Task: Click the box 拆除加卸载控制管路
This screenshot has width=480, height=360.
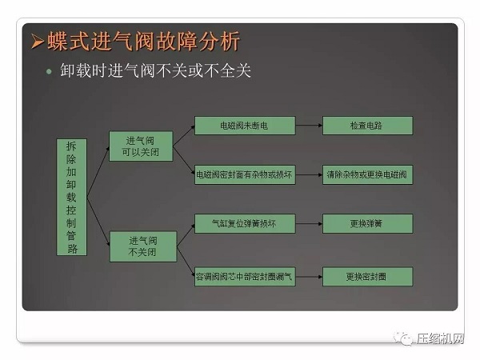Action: coord(72,197)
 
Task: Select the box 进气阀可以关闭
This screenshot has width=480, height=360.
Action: coord(142,146)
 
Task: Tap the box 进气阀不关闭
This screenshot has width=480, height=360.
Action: coord(142,246)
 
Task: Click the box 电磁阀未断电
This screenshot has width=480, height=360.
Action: coord(245,126)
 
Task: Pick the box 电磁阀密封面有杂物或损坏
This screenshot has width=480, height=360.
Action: coord(245,175)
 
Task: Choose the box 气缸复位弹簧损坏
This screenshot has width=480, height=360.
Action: coord(245,223)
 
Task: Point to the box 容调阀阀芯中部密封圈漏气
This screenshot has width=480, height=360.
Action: coord(245,277)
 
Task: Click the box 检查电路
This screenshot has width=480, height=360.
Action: coord(367,126)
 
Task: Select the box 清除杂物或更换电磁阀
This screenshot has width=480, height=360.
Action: coord(367,175)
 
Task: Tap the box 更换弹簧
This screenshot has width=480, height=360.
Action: coord(367,223)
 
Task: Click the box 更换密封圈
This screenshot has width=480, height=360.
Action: coord(367,277)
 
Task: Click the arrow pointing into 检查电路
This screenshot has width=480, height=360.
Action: coord(309,126)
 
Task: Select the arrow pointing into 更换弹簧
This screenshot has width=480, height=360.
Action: coord(309,223)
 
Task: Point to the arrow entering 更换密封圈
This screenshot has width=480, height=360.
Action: coord(309,277)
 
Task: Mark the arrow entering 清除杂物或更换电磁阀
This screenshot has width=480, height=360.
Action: coord(309,175)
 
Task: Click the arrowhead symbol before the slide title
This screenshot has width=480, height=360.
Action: coord(37,42)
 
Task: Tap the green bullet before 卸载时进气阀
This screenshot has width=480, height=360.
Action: coord(48,71)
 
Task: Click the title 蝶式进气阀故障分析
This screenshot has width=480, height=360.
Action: coord(144,41)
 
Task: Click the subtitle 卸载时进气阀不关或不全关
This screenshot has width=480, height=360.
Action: coord(156,71)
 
